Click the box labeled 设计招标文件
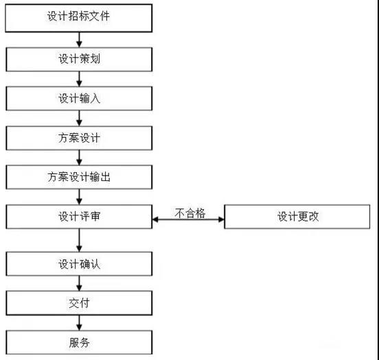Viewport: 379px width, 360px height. click(79, 18)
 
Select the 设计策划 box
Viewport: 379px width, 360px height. click(79, 60)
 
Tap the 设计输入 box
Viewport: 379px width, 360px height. click(79, 99)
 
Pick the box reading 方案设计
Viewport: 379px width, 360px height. click(79, 138)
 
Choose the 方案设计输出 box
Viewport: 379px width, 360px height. click(79, 177)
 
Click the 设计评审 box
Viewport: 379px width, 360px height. click(79, 217)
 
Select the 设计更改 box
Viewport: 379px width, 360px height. click(297, 217)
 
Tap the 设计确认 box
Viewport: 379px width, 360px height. click(79, 264)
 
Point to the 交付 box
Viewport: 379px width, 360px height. click(79, 303)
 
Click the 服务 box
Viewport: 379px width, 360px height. click(79, 342)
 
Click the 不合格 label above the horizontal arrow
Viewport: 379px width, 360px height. click(190, 213)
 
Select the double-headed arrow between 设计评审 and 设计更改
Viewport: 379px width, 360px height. click(188, 219)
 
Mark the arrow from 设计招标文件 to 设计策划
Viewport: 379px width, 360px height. click(79, 40)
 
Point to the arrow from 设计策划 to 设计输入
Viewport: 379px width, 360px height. click(79, 79)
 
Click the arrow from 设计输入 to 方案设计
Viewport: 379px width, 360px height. click(79, 119)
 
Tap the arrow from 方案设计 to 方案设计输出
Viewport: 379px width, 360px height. click(79, 158)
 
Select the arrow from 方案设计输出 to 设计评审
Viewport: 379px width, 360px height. click(79, 197)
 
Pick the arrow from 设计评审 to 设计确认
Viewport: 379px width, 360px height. click(79, 240)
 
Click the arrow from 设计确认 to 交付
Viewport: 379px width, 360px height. click(79, 283)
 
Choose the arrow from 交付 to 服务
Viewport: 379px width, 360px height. click(79, 323)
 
